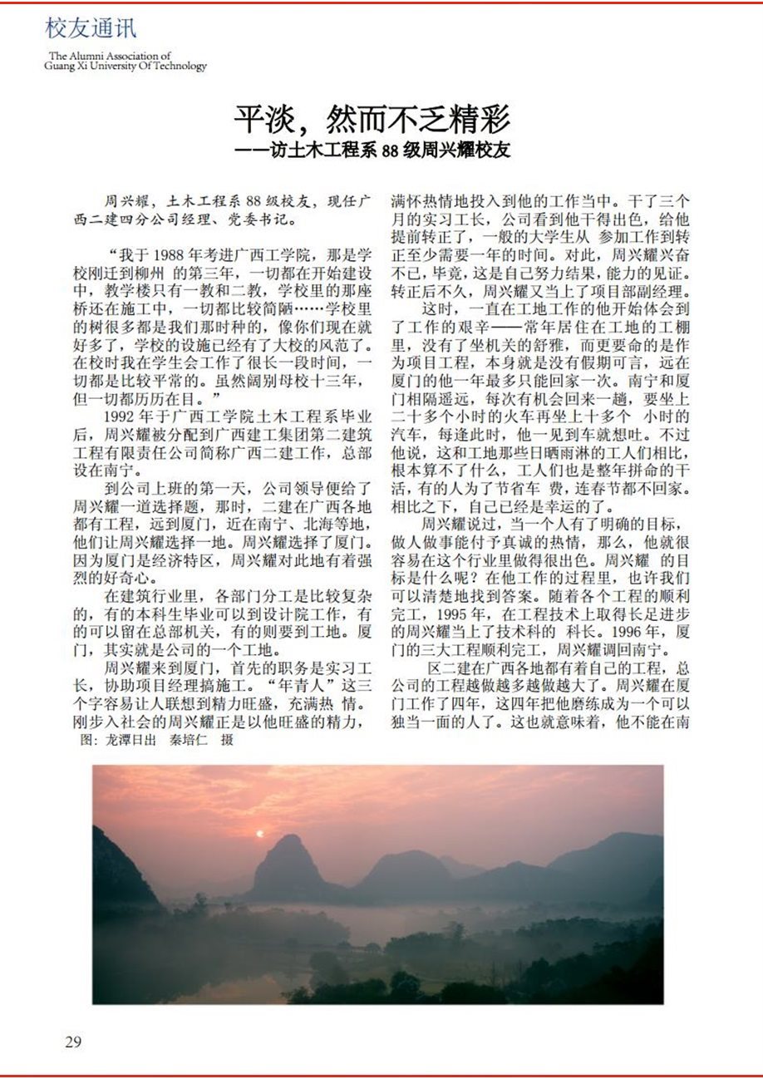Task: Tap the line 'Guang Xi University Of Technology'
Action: coord(126,66)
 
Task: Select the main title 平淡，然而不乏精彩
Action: coord(371,121)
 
